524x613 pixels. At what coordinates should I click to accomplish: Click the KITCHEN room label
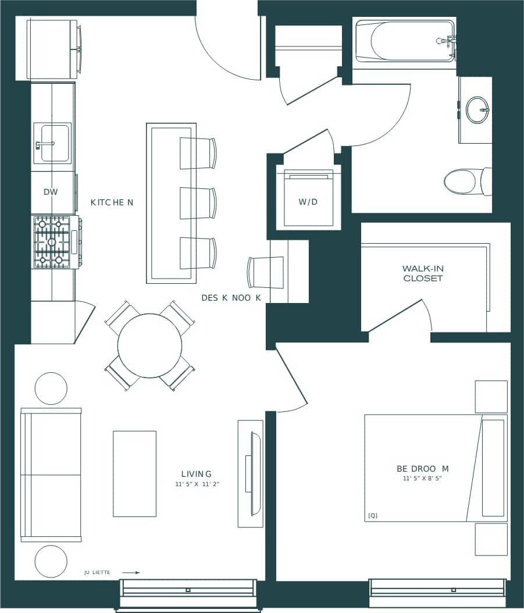point(112,202)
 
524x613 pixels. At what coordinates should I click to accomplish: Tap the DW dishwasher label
point(51,192)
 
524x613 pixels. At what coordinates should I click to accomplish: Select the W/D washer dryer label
point(308,202)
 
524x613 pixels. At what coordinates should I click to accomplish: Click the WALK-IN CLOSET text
point(422,273)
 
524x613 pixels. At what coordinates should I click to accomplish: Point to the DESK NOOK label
point(231,298)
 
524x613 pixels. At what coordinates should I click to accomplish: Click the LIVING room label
point(196,474)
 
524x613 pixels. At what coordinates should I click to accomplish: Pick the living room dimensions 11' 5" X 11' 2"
point(197,484)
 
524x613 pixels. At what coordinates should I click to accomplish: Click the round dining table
point(149,345)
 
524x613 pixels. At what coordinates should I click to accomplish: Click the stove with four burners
point(52,242)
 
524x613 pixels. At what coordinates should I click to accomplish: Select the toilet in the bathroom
point(465,181)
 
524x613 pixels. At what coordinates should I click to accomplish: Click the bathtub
point(406,41)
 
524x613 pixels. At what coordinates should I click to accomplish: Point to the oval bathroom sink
point(477,110)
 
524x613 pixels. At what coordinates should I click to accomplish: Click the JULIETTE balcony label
point(97,573)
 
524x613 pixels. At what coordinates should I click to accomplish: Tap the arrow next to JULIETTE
point(130,573)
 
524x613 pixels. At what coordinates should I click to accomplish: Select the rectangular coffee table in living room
point(134,473)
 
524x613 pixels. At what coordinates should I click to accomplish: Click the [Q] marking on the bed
point(373,515)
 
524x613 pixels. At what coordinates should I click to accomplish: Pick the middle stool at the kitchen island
point(198,203)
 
